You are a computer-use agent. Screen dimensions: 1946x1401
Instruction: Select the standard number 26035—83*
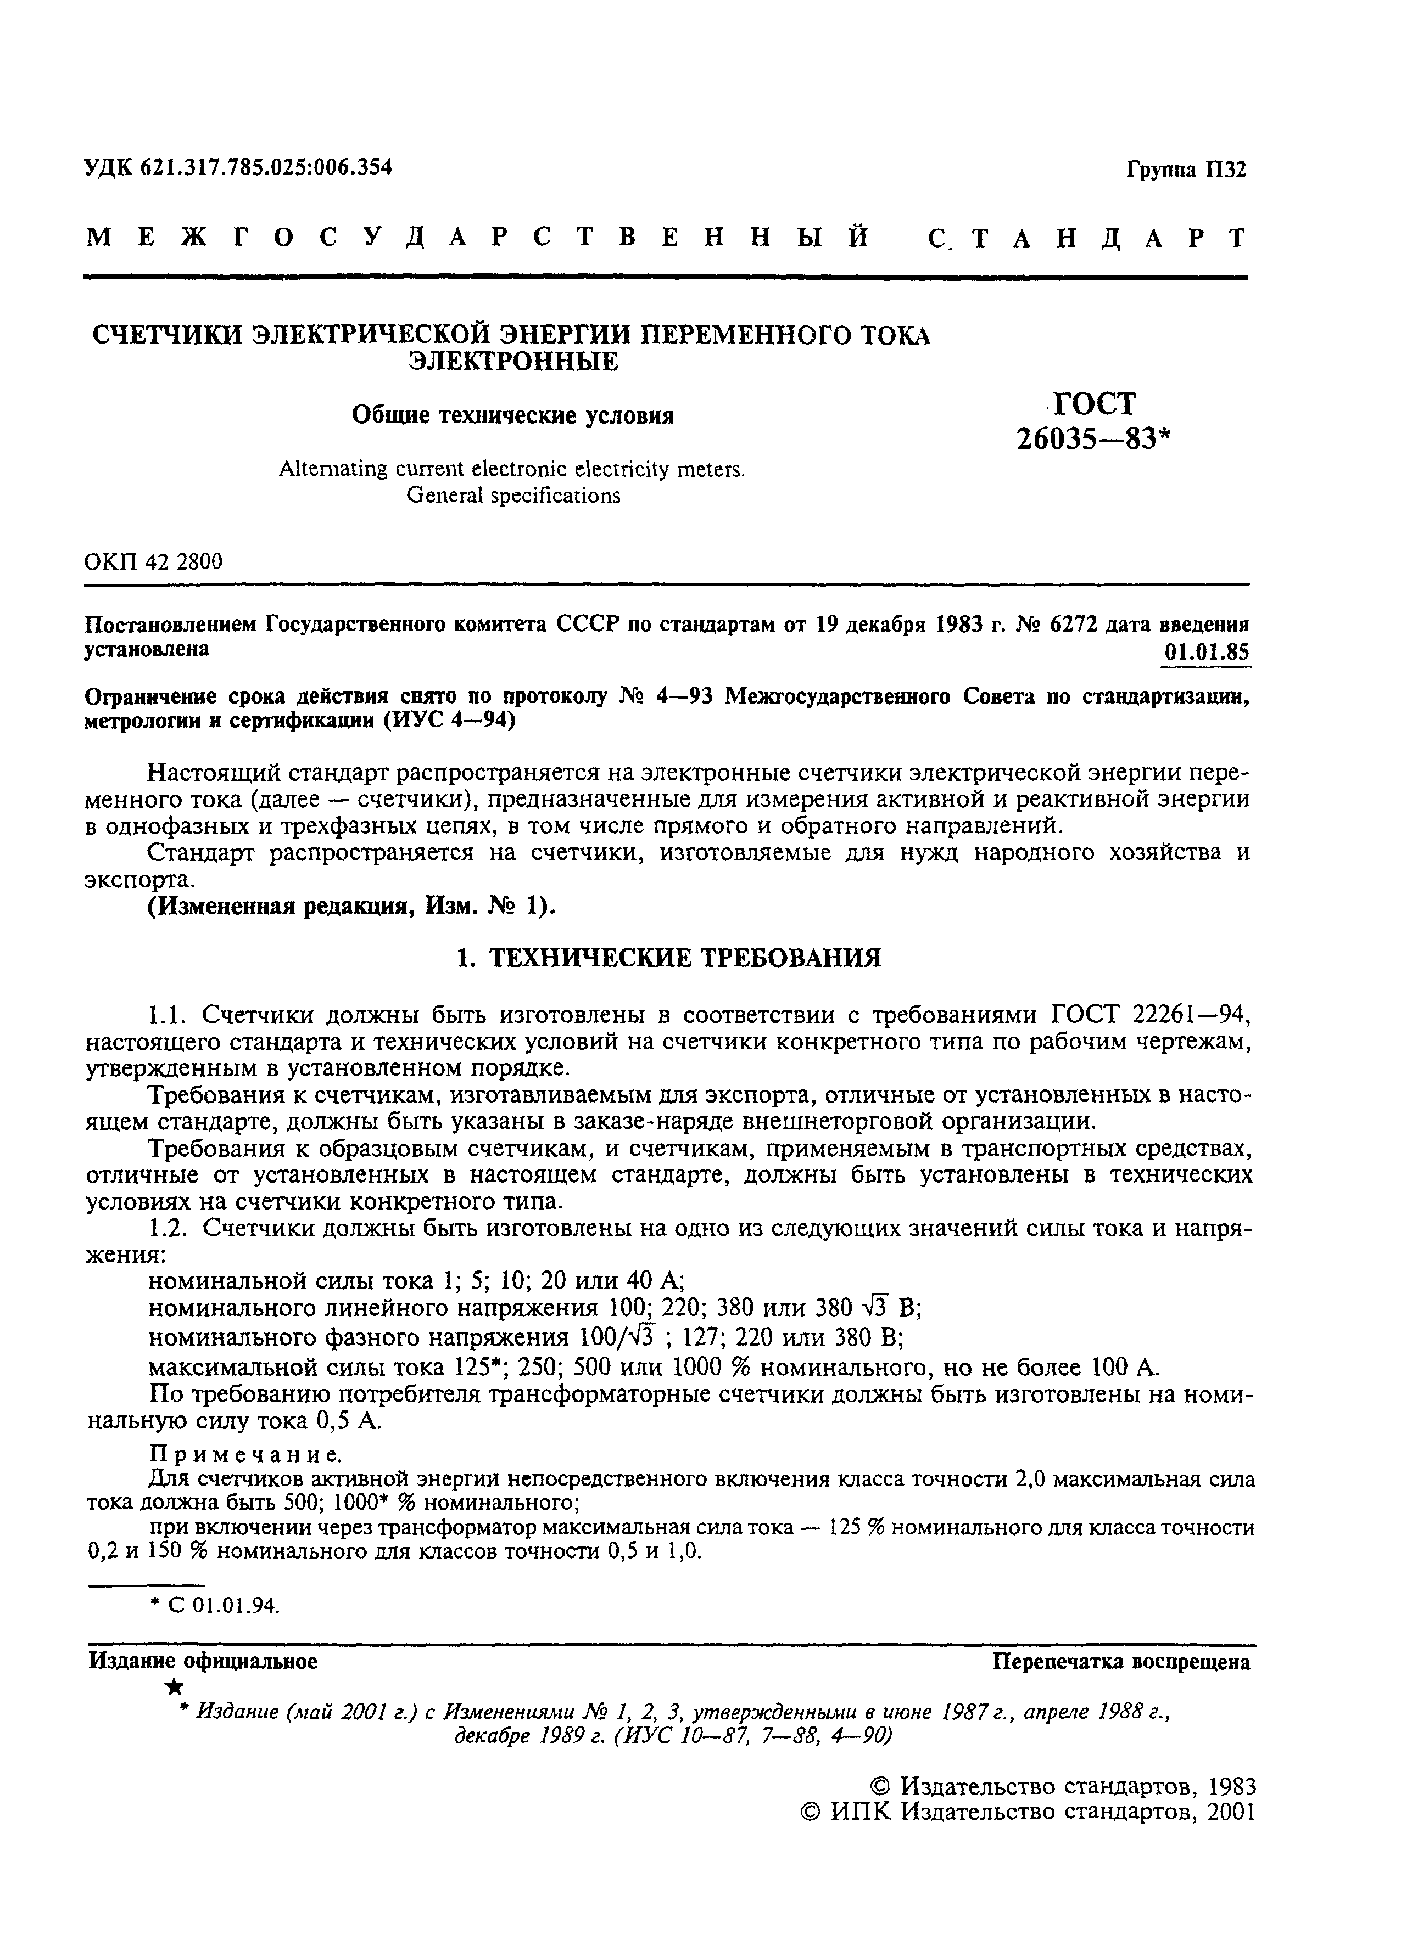[x=1093, y=440]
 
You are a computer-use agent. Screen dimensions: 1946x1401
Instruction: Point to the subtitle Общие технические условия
[x=512, y=415]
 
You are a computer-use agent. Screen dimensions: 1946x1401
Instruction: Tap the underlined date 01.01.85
[x=1206, y=652]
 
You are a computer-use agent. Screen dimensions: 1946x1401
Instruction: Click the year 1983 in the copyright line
[x=1232, y=1786]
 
